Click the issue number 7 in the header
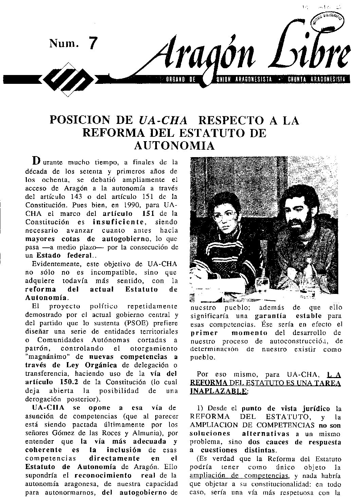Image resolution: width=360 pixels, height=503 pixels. pyautogui.click(x=92, y=44)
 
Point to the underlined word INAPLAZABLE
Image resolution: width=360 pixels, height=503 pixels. pyautogui.click(x=218, y=391)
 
